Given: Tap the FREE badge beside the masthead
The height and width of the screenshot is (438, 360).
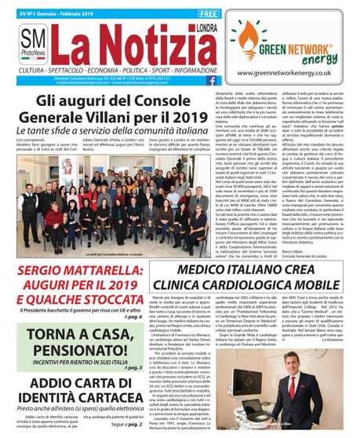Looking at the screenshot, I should pyautogui.click(x=208, y=14).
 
